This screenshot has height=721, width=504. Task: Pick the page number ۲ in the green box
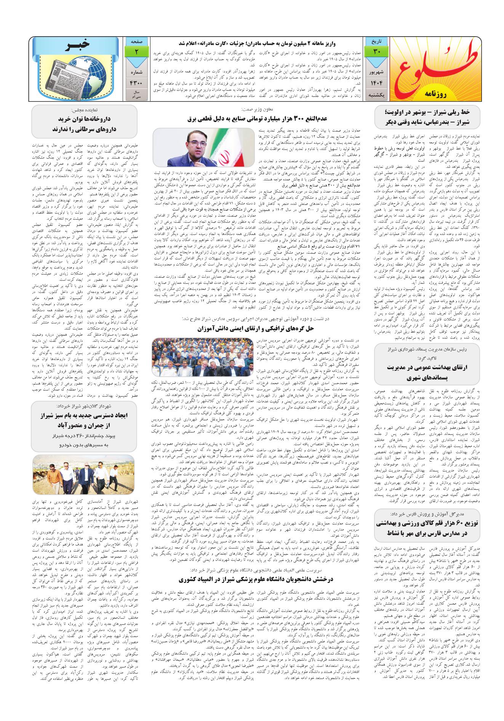tap(136, 51)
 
